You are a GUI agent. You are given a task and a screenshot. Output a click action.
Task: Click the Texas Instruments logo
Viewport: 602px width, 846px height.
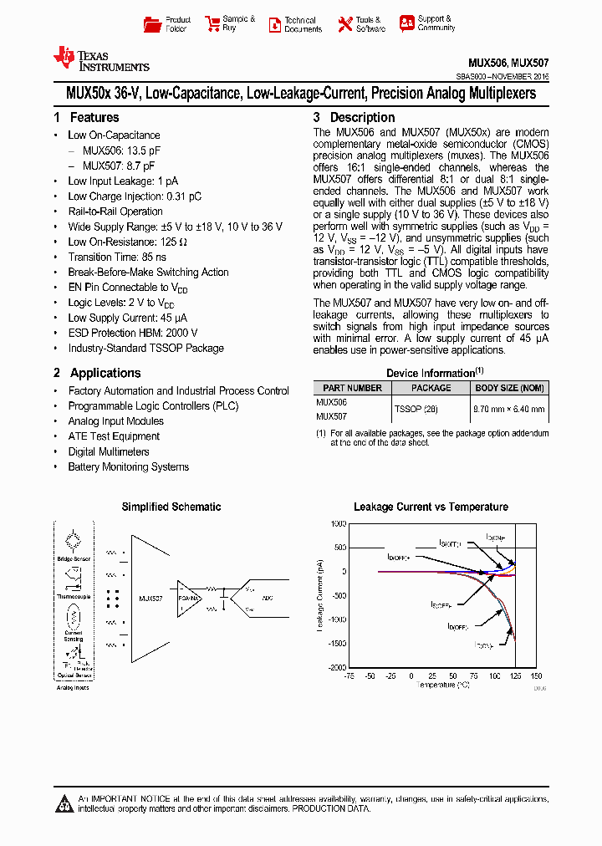pyautogui.click(x=100, y=59)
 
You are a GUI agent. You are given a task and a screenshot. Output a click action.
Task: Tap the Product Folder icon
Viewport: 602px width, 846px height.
pyautogui.click(x=151, y=24)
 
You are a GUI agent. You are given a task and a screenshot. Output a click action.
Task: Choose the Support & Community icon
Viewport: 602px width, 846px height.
pyautogui.click(x=406, y=23)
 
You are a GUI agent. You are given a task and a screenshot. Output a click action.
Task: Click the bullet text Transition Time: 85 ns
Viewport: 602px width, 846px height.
pyautogui.click(x=117, y=257)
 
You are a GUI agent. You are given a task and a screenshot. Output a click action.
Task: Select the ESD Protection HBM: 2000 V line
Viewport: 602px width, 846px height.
pyautogui.click(x=132, y=333)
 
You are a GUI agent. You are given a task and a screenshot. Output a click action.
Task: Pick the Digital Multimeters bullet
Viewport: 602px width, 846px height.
pyautogui.click(x=109, y=451)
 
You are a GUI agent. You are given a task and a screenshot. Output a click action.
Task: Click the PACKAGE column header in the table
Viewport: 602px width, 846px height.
pyautogui.click(x=431, y=388)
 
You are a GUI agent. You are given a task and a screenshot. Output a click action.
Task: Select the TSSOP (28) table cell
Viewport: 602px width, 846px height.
pyautogui.click(x=416, y=409)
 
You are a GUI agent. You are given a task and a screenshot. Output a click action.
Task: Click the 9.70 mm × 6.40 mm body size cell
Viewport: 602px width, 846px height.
pyautogui.click(x=509, y=409)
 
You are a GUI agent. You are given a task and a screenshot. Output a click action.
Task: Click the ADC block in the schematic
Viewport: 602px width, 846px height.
pyautogui.click(x=268, y=599)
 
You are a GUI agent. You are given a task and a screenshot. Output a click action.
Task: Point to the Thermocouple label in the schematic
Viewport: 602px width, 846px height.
pyautogui.click(x=74, y=597)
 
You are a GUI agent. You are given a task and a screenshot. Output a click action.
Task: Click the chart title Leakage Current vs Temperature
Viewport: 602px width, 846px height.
pyautogui.click(x=431, y=507)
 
